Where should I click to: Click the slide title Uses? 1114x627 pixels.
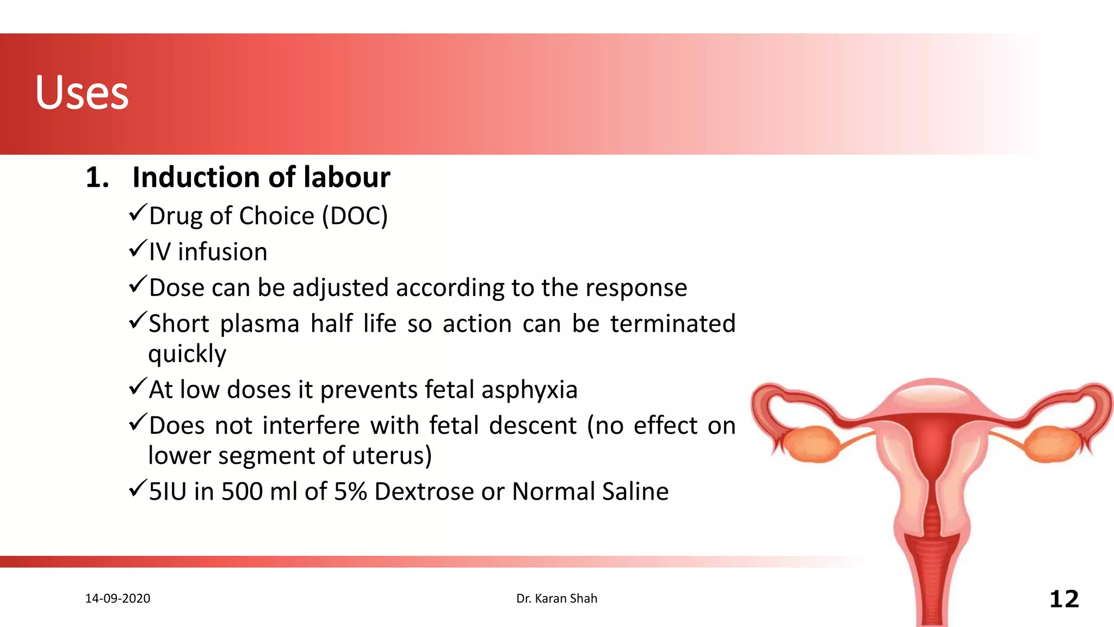82,93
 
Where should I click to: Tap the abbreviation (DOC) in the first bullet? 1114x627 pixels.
355,216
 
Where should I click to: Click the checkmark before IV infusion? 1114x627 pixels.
138,249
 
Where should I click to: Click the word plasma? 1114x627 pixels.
259,324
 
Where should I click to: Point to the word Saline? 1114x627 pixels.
635,491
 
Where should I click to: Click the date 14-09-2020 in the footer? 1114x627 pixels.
117,599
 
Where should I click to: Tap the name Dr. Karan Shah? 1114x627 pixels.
556,599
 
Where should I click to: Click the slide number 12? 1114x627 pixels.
1063,599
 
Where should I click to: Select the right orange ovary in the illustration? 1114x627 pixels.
1053,444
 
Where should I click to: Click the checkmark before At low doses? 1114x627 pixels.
138,387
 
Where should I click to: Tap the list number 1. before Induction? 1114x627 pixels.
97,178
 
